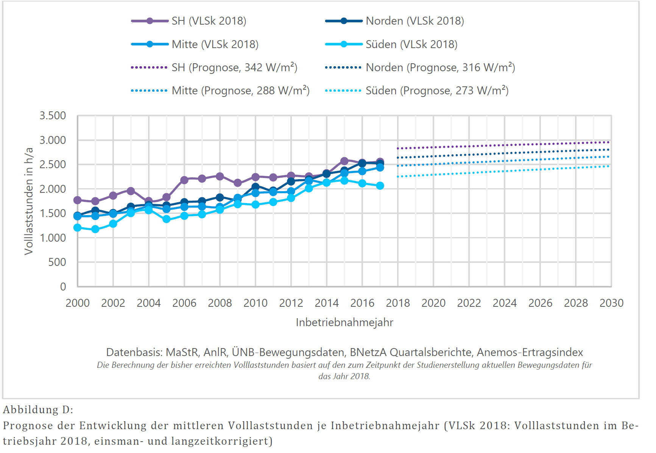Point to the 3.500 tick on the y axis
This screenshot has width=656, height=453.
tap(53, 116)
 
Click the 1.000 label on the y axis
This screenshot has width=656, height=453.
tap(53, 238)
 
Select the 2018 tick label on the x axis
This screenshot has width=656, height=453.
tap(398, 303)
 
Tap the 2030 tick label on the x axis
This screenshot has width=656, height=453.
tap(611, 303)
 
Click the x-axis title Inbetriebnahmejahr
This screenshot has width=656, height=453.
tap(344, 322)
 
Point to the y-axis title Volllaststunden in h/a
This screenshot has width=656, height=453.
tap(29, 201)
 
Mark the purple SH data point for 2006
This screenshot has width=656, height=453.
tap(184, 180)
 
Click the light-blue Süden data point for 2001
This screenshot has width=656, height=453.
tap(95, 229)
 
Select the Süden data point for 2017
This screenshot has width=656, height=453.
tap(380, 186)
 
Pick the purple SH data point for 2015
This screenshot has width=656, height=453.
tap(344, 161)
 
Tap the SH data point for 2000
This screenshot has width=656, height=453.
tap(78, 200)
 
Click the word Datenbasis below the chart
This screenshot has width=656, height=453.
tap(134, 352)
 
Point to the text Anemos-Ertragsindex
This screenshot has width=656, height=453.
tap(530, 352)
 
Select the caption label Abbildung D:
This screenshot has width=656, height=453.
tap(38, 409)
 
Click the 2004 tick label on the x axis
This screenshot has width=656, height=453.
tap(149, 303)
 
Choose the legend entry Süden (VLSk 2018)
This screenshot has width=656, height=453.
tap(411, 44)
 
